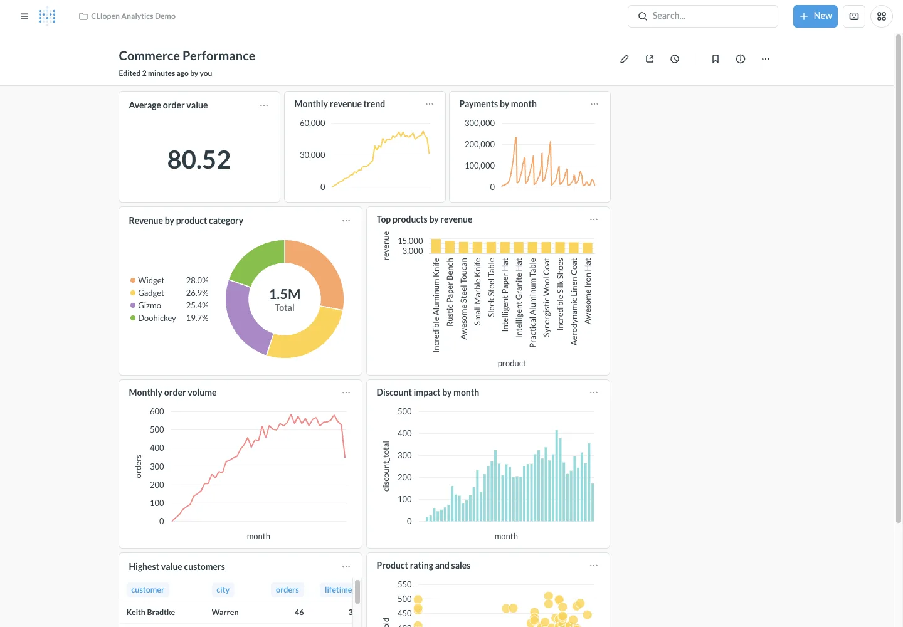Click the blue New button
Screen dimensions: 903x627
coord(815,16)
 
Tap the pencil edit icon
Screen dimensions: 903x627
coord(624,59)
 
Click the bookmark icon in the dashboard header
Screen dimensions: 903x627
coord(715,59)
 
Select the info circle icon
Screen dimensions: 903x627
coord(740,59)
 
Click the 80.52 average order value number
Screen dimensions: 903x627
coord(199,159)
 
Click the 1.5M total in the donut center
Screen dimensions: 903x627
coord(285,294)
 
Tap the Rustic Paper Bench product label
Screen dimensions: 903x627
coord(450,292)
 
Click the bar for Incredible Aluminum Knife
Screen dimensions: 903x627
coord(436,246)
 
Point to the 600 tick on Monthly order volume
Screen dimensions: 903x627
coord(157,411)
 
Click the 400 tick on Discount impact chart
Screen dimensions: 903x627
coord(404,433)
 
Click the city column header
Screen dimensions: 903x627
coord(223,589)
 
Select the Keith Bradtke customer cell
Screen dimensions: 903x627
coord(150,612)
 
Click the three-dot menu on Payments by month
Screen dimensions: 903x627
coord(594,104)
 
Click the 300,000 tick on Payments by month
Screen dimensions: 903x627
coord(479,123)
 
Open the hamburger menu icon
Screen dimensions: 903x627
coord(24,16)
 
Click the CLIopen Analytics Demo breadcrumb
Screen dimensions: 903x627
coord(133,16)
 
